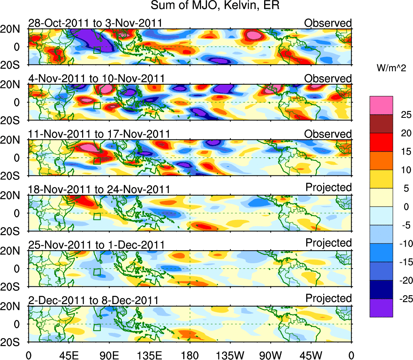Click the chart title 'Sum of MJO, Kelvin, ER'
[216, 6]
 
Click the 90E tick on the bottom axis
[109, 355]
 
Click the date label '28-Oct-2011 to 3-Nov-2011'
[95, 23]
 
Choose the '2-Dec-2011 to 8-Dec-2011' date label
[93, 300]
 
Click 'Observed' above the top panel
[328, 23]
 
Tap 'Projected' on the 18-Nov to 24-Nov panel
[328, 187]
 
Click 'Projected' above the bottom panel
[328, 298]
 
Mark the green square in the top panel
[97, 50]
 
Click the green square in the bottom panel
[97, 327]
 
